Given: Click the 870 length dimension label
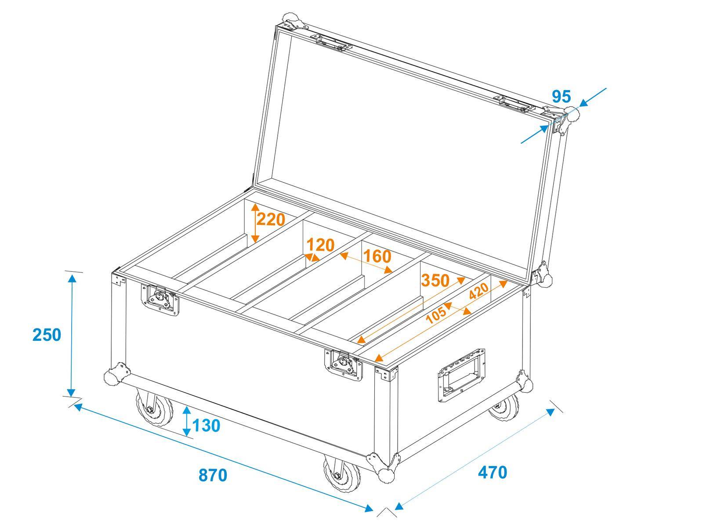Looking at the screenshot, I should pos(213,475).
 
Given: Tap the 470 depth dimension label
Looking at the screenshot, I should pos(493,472).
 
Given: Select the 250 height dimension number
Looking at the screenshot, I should pos(47,335).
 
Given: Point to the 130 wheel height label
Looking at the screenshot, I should pos(206,425).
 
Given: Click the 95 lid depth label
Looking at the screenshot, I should pos(561,96).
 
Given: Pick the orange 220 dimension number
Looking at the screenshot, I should pos(271,219).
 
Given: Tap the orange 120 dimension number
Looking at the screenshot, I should pos(320,245).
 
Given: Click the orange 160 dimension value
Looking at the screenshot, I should pos(377,256).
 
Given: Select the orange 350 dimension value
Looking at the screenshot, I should pos(435,280).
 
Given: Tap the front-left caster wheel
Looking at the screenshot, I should pos(154,408).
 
